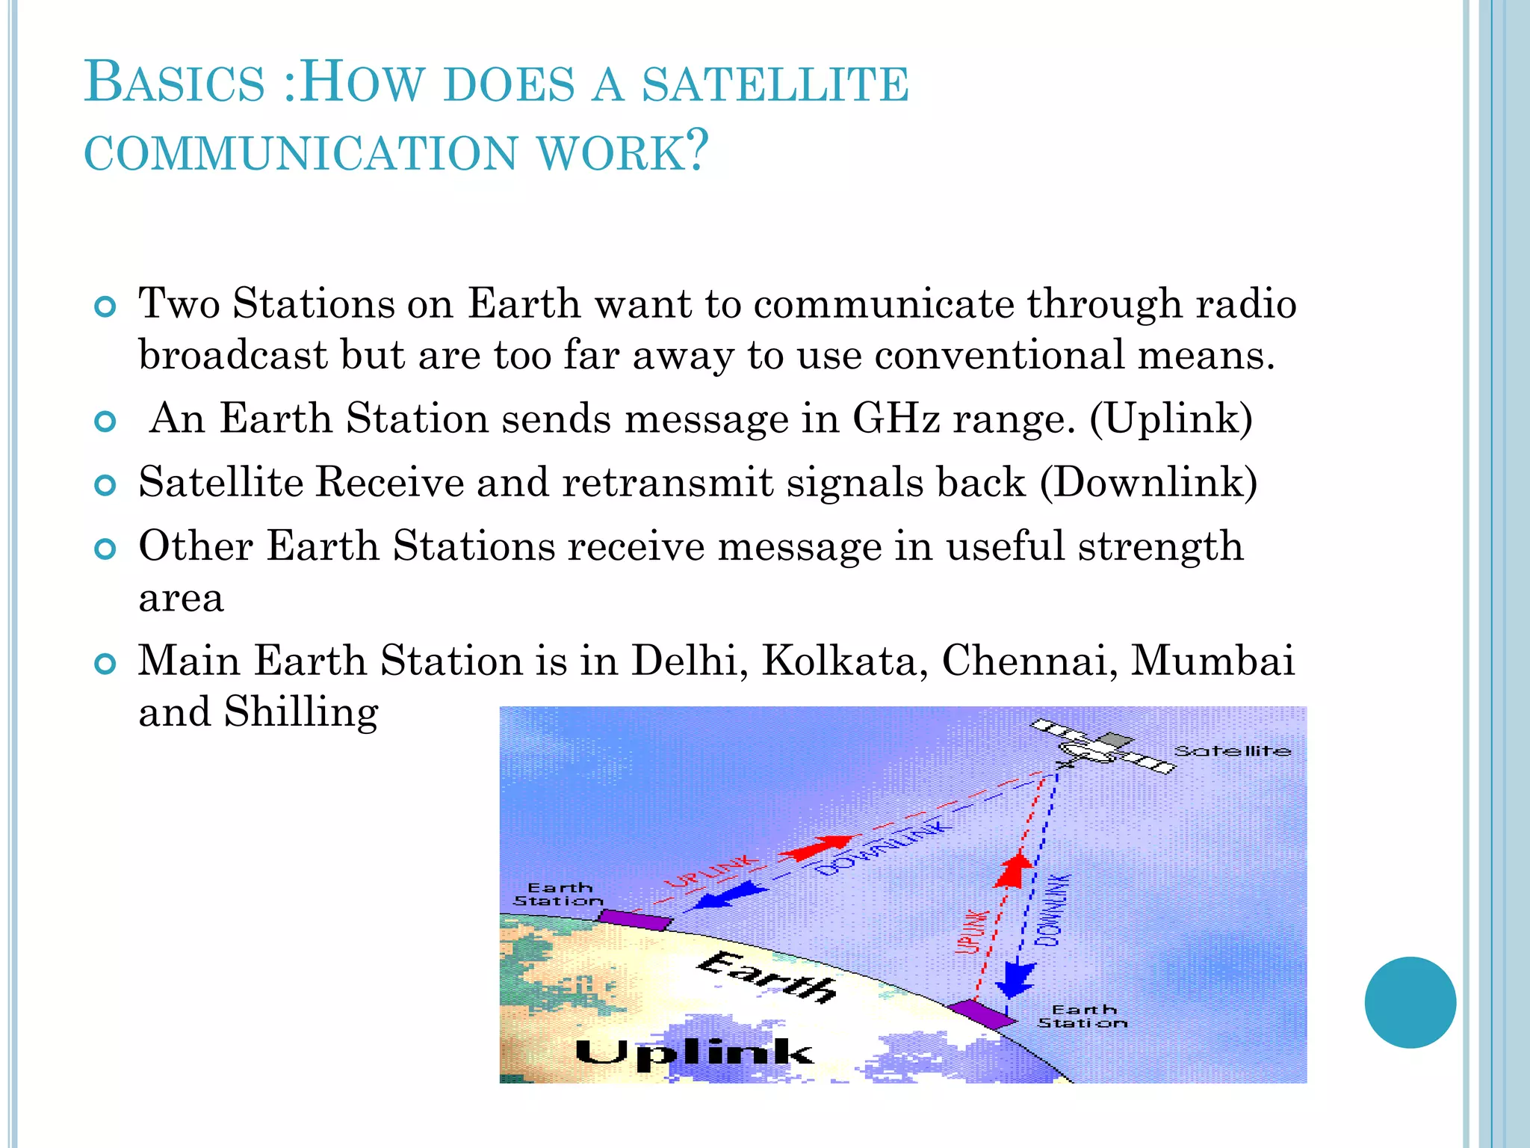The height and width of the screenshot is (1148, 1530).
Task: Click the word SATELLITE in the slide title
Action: pos(775,84)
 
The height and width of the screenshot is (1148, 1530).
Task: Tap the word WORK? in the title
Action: pos(622,152)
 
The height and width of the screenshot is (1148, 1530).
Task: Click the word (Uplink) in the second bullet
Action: pos(1170,419)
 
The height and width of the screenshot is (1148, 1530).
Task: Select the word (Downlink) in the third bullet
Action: pos(1148,483)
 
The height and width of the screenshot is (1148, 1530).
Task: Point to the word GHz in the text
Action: pos(895,419)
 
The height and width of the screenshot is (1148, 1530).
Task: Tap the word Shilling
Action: pos(301,712)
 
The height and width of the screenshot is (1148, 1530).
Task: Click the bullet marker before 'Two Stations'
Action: pos(106,307)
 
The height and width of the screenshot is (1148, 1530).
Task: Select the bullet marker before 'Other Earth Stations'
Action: pos(106,550)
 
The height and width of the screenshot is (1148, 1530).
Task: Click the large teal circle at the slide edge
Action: pos(1410,1002)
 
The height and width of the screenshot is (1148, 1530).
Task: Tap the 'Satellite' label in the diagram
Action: pos(1232,751)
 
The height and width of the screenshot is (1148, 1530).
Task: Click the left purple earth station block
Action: pos(635,919)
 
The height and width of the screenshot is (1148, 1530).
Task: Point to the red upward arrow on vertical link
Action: pos(1015,871)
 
